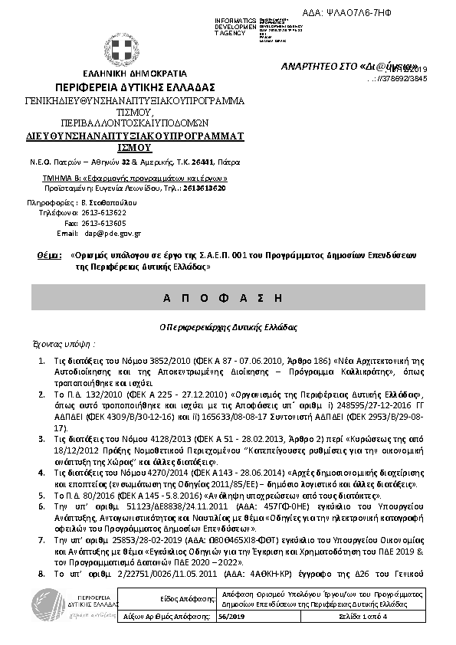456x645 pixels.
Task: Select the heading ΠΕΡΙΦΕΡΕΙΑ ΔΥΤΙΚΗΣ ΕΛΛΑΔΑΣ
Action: click(134, 87)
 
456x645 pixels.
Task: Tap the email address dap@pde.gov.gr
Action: click(113, 233)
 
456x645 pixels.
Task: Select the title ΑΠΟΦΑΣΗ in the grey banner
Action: click(228, 296)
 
